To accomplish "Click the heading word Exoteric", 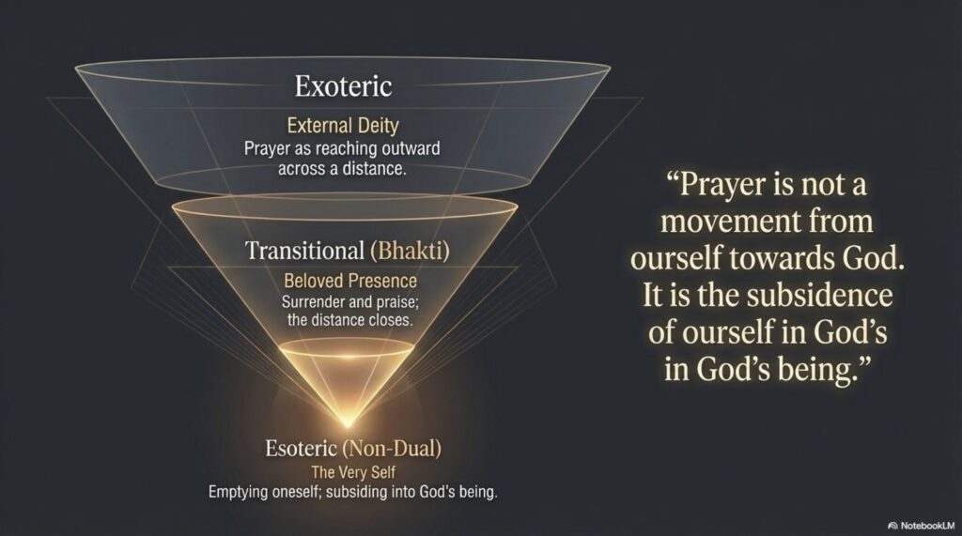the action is click(343, 85).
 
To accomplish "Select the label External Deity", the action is click(343, 126).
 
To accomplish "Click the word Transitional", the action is click(305, 251).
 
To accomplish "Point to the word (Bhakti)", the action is click(410, 251).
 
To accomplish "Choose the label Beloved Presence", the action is click(350, 281).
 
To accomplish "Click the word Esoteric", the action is click(302, 449).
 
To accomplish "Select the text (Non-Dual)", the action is click(392, 449).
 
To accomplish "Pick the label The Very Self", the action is click(353, 472).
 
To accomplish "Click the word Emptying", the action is click(237, 492).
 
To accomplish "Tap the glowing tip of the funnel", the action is click(348, 423).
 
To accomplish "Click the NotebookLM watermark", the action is click(921, 526).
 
